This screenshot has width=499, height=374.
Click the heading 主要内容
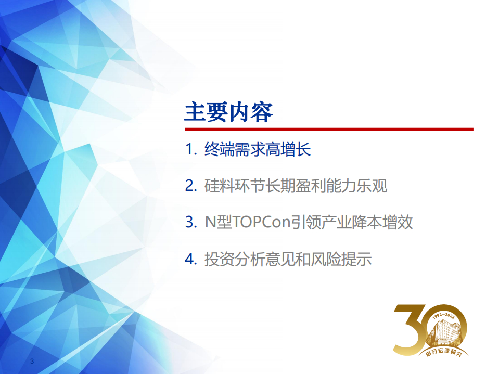[229, 111]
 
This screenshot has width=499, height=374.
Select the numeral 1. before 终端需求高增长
[191, 150]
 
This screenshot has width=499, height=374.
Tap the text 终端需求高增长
[258, 150]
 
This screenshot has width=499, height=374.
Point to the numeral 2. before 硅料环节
[191, 186]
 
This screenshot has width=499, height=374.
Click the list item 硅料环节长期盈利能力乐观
[296, 186]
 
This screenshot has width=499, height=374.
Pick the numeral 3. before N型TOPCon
[191, 223]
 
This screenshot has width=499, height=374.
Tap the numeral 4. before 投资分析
[191, 259]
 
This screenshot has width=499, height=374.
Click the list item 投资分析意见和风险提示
[288, 259]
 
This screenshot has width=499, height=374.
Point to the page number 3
[32, 361]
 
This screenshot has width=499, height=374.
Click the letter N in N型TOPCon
[209, 223]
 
